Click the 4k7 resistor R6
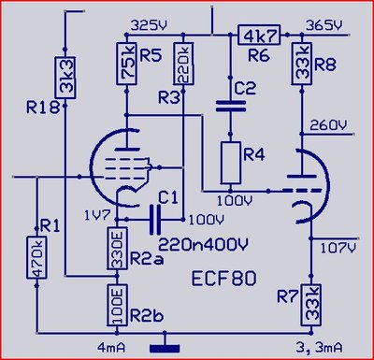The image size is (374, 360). (x=259, y=35)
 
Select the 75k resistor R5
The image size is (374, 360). (x=126, y=64)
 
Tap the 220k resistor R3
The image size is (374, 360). (x=183, y=64)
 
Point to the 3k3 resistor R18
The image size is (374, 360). (x=65, y=78)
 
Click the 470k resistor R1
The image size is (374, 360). (x=36, y=257)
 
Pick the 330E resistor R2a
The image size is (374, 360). (x=117, y=248)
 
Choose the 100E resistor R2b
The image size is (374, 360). (x=117, y=306)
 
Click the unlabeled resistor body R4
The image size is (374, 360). (x=231, y=163)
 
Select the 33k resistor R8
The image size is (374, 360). (x=302, y=64)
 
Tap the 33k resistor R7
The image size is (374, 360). (x=310, y=305)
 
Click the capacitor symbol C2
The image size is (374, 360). (x=231, y=106)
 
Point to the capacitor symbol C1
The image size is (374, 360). (x=155, y=220)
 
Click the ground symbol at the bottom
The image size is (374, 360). (x=165, y=348)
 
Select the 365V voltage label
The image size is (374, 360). (x=324, y=25)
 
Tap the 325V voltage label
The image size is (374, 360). (x=150, y=25)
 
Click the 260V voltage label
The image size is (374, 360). (x=328, y=126)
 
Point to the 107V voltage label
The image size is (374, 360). (x=338, y=249)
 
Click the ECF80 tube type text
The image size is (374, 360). (x=223, y=279)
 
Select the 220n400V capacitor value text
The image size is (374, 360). (x=204, y=245)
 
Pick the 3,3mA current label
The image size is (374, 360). (x=320, y=348)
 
